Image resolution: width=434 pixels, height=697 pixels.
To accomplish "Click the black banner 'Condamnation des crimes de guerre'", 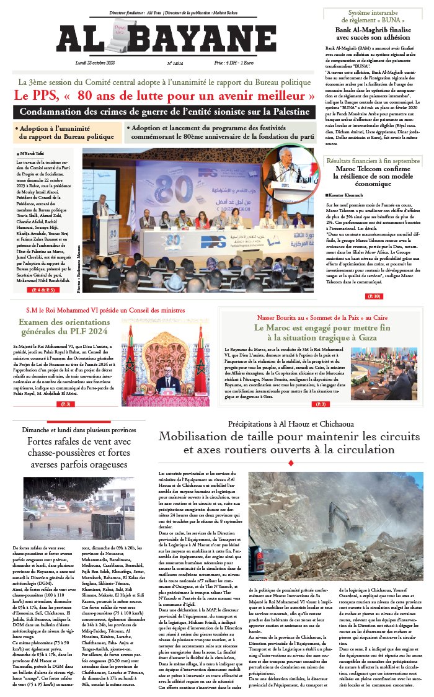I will pos(164,112).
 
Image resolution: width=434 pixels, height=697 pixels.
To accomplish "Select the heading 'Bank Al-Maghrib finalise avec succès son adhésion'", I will pos(373,33).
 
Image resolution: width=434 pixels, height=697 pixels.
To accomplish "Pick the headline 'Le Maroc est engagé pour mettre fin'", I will pos(322,332).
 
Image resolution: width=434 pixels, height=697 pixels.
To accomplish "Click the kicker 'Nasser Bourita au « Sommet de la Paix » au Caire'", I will pos(322,317).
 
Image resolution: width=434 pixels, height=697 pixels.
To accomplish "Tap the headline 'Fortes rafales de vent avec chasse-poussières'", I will pos(77,453).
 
